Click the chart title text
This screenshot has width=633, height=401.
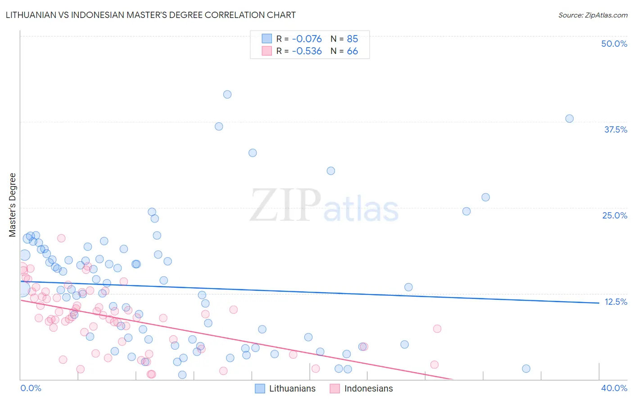151,15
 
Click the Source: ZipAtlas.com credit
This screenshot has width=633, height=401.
592,15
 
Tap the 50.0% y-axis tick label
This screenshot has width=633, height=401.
614,44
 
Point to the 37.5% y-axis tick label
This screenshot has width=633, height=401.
615,129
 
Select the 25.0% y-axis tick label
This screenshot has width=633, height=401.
615,215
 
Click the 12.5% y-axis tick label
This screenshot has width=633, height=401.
615,302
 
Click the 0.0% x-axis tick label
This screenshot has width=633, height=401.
31,388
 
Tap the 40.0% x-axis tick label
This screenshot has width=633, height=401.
614,388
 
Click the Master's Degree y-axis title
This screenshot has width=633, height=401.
13,205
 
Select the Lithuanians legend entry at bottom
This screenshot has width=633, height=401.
285,388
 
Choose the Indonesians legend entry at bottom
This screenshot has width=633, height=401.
362,388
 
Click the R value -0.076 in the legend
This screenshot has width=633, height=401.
307,39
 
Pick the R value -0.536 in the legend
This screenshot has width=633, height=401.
307,51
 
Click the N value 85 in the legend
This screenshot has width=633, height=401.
352,39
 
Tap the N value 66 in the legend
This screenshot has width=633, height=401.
352,51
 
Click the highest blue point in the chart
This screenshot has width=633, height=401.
227,94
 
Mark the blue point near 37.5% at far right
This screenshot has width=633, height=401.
570,119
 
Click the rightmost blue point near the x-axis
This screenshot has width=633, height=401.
526,369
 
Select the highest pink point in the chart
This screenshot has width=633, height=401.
61,238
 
